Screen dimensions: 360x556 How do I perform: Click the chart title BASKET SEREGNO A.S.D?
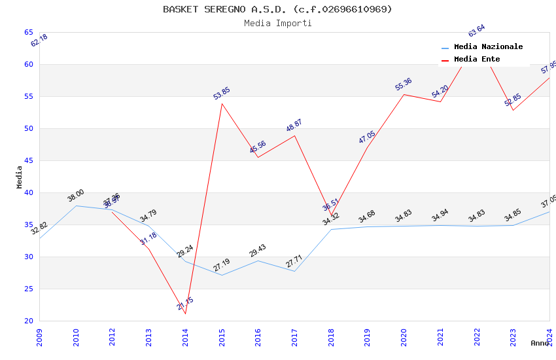click(x=277, y=9)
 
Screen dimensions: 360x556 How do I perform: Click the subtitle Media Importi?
click(x=277, y=24)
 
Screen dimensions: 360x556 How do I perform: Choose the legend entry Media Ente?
click(x=477, y=60)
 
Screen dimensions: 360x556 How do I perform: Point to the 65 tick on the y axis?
click(x=29, y=32)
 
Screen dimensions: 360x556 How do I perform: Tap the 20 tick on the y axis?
click(x=29, y=321)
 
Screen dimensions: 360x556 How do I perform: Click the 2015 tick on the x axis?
click(x=222, y=336)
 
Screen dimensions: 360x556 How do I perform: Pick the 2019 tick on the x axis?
click(x=368, y=336)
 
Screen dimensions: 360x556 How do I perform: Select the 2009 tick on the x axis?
click(x=39, y=336)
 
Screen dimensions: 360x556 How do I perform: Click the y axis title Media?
click(x=19, y=177)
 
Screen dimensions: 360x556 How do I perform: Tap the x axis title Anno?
click(x=540, y=343)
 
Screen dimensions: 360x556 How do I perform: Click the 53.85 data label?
click(x=222, y=94)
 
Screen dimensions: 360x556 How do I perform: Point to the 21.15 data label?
click(x=185, y=304)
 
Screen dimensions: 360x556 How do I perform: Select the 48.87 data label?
click(x=294, y=126)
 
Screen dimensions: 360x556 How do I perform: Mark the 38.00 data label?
click(x=76, y=196)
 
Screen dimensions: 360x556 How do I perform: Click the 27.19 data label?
click(x=222, y=265)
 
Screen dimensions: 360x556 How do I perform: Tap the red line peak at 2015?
click(x=222, y=103)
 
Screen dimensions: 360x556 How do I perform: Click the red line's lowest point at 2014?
click(x=185, y=314)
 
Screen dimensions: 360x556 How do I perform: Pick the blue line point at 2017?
click(x=294, y=271)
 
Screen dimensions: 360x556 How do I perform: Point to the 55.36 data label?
click(x=404, y=84)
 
